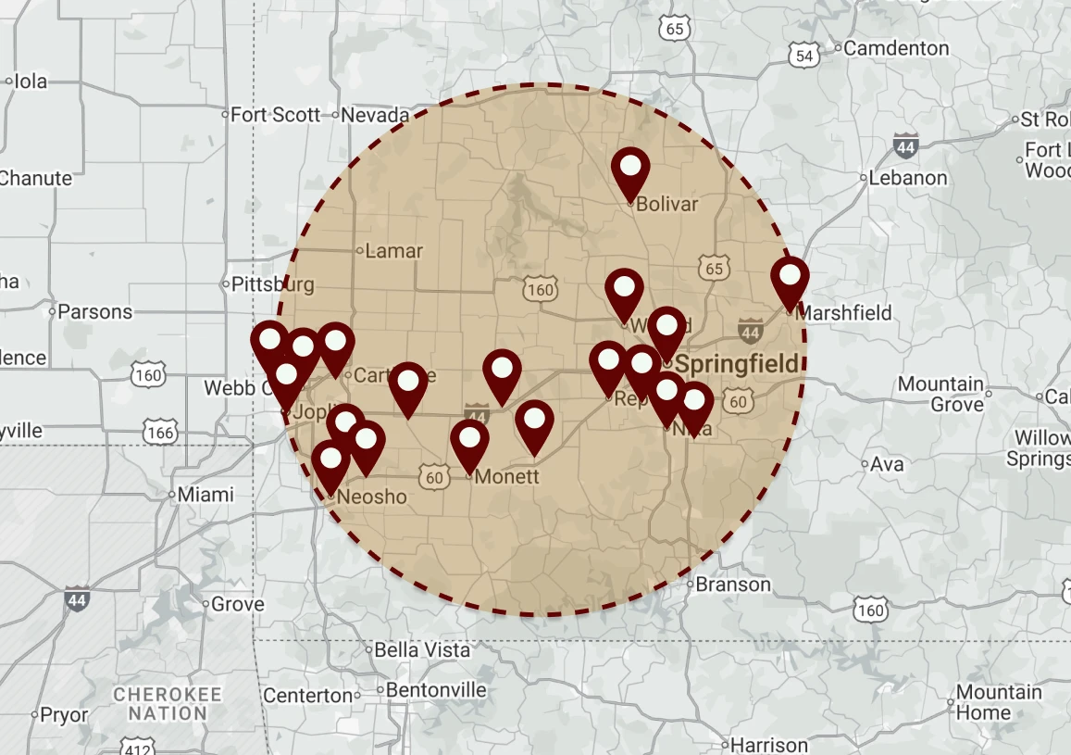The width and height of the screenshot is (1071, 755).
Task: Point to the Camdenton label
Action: coord(896,48)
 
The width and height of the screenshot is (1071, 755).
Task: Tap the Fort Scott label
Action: coord(275,115)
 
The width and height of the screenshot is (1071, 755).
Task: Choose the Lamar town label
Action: coord(393,251)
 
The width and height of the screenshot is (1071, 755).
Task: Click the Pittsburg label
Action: coord(273,283)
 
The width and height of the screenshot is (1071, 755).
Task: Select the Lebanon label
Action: coord(907,177)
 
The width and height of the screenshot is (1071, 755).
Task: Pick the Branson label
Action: coord(733,585)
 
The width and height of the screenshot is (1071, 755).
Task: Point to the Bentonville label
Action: coord(436,691)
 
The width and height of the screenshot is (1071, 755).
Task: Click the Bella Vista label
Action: coord(422,650)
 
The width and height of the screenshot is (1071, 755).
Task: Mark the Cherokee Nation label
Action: coord(168,704)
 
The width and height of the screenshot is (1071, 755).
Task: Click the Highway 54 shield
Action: coord(805,57)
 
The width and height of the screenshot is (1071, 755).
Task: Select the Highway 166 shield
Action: coord(160,432)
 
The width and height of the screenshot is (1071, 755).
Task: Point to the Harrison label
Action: coord(768,745)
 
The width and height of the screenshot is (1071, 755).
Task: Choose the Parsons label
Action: coord(95,312)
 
